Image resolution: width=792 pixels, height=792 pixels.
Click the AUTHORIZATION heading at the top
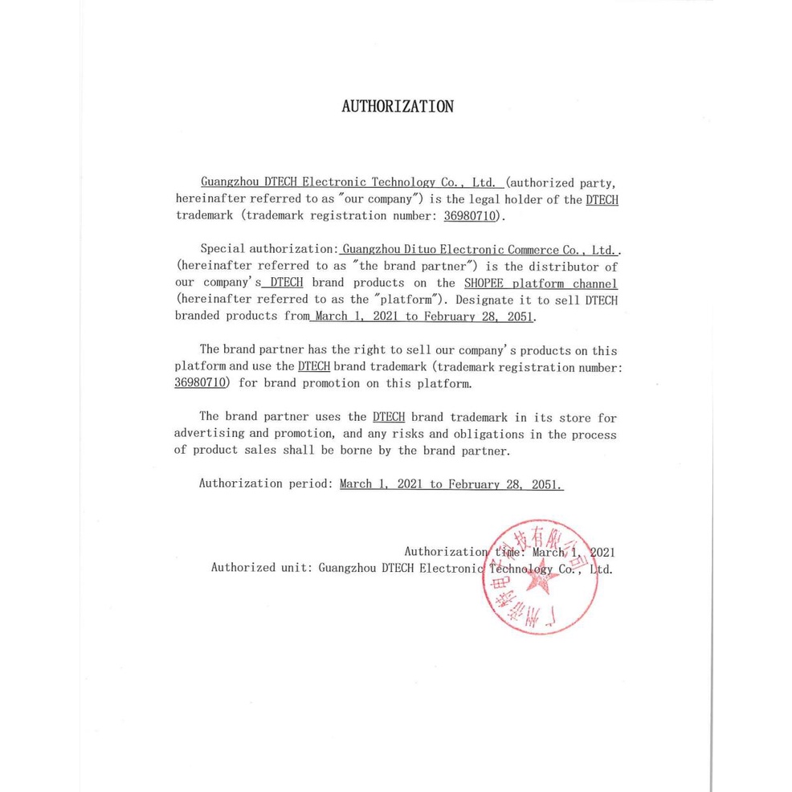[x=397, y=107]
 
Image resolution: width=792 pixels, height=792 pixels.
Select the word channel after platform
[x=595, y=283]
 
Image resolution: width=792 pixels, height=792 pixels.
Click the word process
[x=594, y=435]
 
